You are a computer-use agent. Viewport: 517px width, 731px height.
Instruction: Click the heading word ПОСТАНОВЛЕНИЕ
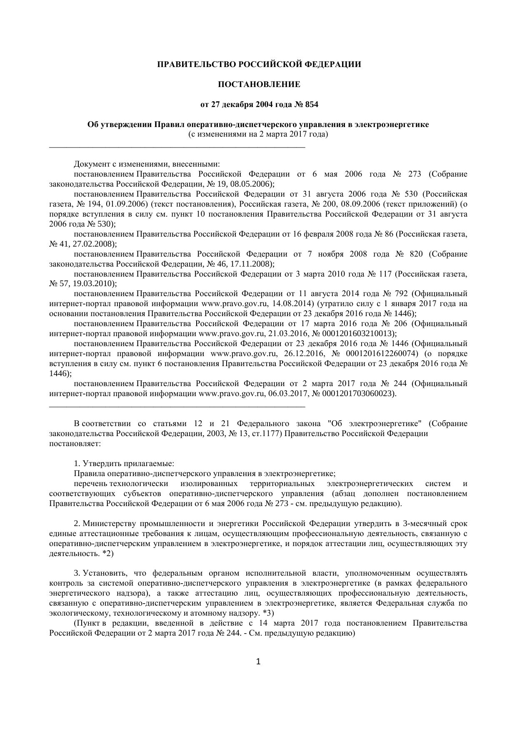pos(259,85)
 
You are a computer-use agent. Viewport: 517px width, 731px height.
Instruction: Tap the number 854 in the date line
pos(312,105)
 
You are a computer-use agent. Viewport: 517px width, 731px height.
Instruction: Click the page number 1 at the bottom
pos(258,661)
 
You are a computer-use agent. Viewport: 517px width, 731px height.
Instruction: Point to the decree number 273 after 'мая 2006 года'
pos(415,174)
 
